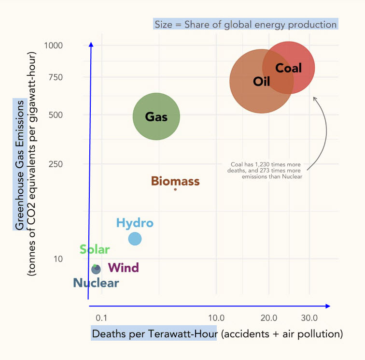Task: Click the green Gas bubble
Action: (156, 116)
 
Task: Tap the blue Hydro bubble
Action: (135, 239)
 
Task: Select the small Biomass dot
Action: (175, 189)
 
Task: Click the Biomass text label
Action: (175, 181)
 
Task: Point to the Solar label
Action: (95, 250)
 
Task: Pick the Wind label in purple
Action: (124, 268)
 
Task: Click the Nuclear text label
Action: (96, 283)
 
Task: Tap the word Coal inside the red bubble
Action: (288, 68)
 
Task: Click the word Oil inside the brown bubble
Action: (261, 81)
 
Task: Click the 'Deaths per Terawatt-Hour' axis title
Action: (154, 334)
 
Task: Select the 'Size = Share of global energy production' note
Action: (245, 24)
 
